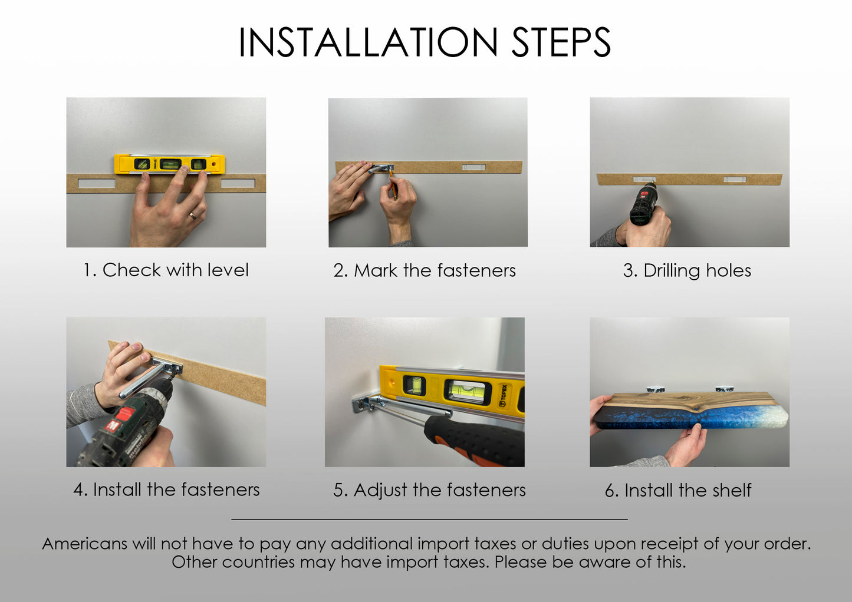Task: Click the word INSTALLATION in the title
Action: [x=368, y=42]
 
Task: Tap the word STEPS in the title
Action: [x=561, y=42]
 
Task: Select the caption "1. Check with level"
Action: [x=166, y=270]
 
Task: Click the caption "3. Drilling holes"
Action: [x=687, y=271]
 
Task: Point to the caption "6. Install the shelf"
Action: [x=678, y=490]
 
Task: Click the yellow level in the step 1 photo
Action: [x=169, y=164]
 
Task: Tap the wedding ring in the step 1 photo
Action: [x=193, y=216]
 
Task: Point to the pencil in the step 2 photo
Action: [x=393, y=184]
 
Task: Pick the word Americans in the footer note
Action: [x=84, y=544]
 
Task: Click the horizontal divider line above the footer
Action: [x=429, y=519]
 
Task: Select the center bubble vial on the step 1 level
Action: [x=170, y=164]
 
